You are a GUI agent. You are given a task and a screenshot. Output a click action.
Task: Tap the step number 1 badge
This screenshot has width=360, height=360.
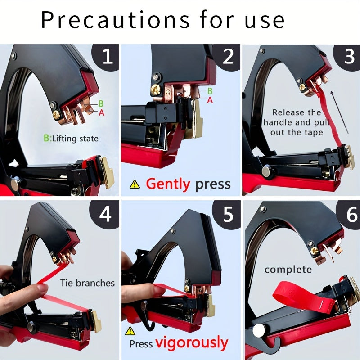pos(106,57)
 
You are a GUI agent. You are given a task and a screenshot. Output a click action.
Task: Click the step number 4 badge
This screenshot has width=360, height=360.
pos(105,214)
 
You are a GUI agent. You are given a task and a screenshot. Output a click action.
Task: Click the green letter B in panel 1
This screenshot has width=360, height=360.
pos(101,103)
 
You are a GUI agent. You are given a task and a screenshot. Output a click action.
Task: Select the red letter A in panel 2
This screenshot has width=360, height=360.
pos(210,100)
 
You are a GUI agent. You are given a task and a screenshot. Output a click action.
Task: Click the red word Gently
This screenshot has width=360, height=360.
pos(168,184)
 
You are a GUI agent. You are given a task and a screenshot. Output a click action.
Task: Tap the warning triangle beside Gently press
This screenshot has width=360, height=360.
pos(135,184)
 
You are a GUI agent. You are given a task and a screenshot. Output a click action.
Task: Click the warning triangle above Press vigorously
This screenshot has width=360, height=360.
pos(130,331)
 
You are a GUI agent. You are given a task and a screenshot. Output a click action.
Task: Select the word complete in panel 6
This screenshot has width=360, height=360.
pos(288,269)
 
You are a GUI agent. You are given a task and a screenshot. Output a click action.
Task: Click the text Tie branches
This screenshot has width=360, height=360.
pos(87,283)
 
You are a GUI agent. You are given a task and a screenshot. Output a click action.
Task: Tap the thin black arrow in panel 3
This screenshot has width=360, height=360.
pos(340,112)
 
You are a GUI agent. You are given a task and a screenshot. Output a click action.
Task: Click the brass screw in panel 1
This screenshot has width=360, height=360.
pos(57,115)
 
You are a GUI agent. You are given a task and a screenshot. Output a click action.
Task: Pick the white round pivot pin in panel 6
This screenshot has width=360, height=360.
pos(259,331)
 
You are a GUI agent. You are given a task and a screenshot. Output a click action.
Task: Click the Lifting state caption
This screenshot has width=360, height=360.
pos(71,139)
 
